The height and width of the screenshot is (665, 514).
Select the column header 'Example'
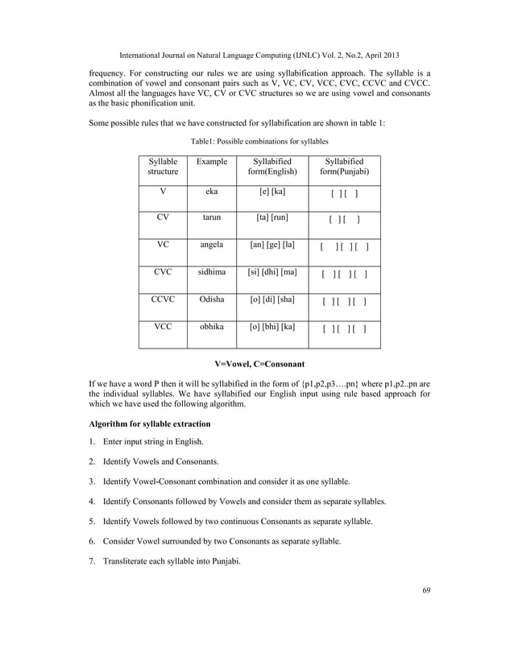coord(212,162)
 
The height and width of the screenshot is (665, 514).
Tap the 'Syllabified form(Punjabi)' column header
coord(345,167)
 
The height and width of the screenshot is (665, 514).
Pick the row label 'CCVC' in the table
coord(163,299)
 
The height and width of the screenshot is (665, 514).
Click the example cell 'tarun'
coord(212,217)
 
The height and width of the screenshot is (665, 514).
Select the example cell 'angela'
coord(212,245)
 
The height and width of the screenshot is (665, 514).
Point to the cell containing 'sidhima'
coord(212,272)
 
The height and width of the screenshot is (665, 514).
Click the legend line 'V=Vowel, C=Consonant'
coord(257,365)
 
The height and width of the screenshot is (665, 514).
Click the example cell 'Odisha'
coord(212,299)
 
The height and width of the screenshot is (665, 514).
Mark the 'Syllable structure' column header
coord(163,167)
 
